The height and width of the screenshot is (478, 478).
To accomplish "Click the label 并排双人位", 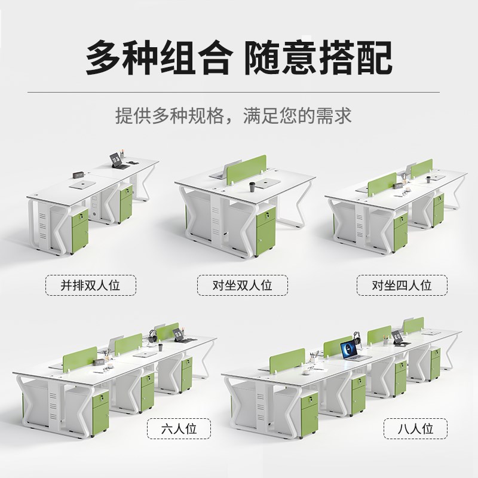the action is coord(91,285).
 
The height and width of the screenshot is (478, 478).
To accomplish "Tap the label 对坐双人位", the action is coord(243,285).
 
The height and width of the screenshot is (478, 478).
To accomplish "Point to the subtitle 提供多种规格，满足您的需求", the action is coord(239,115).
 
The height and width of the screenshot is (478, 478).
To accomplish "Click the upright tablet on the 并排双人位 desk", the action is coord(115,160).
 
